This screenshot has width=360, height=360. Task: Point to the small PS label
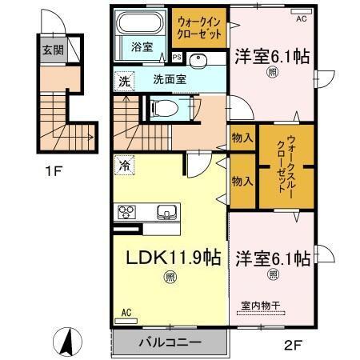176,57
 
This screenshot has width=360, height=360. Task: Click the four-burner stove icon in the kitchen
128,211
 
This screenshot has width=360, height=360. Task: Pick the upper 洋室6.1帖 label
272,58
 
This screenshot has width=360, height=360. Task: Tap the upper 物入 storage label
243,138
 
